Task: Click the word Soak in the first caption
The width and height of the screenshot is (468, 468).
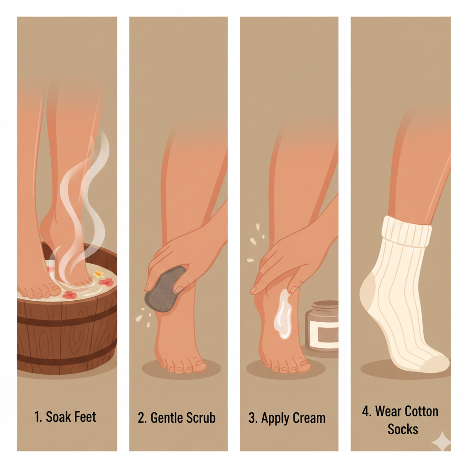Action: [59, 417]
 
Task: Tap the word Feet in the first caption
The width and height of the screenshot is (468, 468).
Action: [85, 417]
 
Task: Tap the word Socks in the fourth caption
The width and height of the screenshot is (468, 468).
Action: [403, 429]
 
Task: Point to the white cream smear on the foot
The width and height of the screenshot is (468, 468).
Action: [283, 315]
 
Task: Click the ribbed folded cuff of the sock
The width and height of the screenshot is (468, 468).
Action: [406, 232]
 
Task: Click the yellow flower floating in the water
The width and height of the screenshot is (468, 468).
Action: [98, 274]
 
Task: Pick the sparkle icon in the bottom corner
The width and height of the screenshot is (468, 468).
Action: [442, 441]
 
